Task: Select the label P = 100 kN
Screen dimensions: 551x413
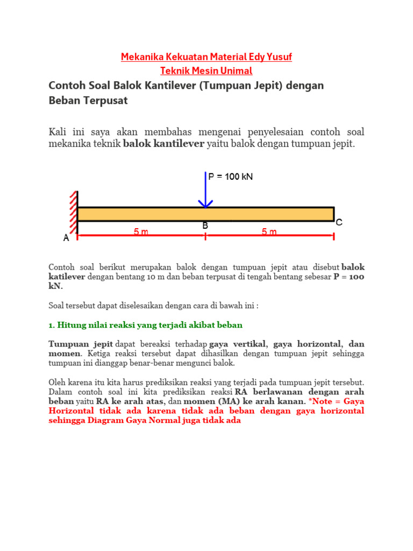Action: (230, 176)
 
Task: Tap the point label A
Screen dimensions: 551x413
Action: (67, 238)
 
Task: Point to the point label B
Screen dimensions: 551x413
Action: (205, 226)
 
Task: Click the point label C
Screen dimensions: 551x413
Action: (339, 222)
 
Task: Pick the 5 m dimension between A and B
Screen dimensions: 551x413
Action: (141, 232)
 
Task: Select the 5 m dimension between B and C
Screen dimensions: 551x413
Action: (269, 232)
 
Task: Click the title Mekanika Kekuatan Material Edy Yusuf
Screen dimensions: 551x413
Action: (206, 57)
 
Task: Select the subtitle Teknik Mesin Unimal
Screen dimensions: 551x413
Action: (206, 70)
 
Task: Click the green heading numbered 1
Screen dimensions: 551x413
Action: (146, 325)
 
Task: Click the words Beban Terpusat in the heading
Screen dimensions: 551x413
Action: (88, 101)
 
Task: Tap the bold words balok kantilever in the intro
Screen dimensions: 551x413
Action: (163, 144)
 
